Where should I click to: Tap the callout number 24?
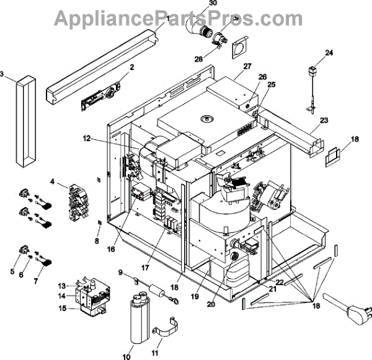[329, 53]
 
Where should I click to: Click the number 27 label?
[247, 66]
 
